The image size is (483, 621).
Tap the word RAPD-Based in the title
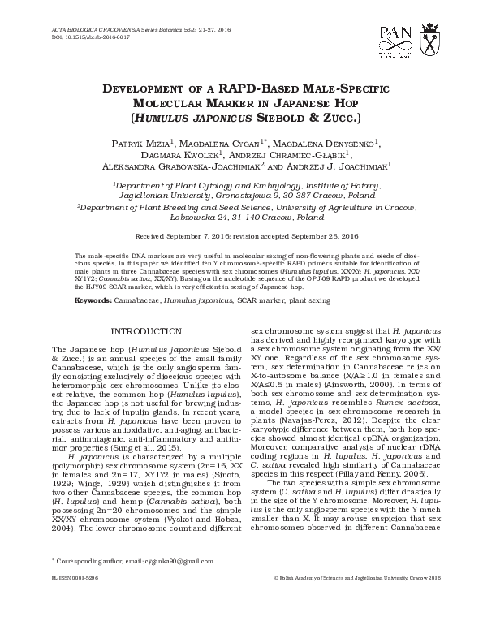(x=220, y=88)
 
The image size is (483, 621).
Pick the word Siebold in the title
(x=304, y=116)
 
